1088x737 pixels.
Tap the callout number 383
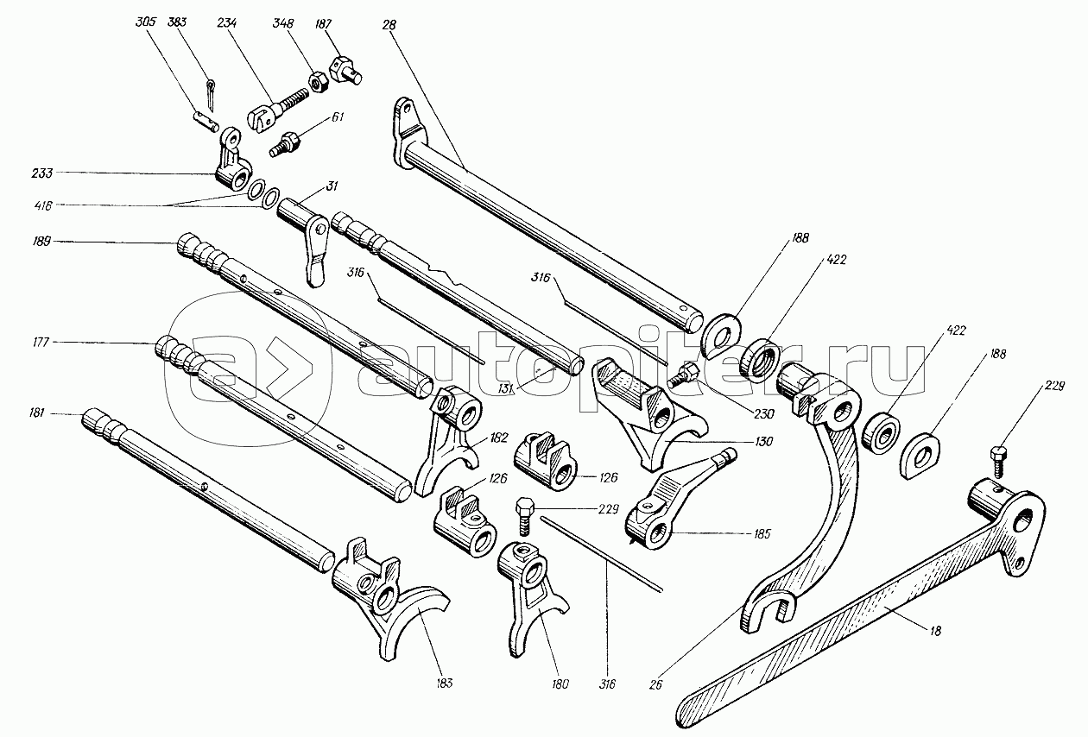[x=178, y=22]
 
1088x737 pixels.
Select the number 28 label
[x=389, y=25]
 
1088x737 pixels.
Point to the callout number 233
[x=41, y=173]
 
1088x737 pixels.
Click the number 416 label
[x=43, y=206]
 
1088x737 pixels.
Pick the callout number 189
[x=41, y=242]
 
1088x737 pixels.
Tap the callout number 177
[x=41, y=343]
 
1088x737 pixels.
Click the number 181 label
[x=37, y=413]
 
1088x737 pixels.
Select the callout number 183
[x=444, y=683]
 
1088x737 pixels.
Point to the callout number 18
[x=935, y=631]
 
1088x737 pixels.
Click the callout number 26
[x=655, y=684]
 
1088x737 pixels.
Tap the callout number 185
[x=762, y=534]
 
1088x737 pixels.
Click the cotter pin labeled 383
[x=210, y=96]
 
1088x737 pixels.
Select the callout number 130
[x=764, y=441]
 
